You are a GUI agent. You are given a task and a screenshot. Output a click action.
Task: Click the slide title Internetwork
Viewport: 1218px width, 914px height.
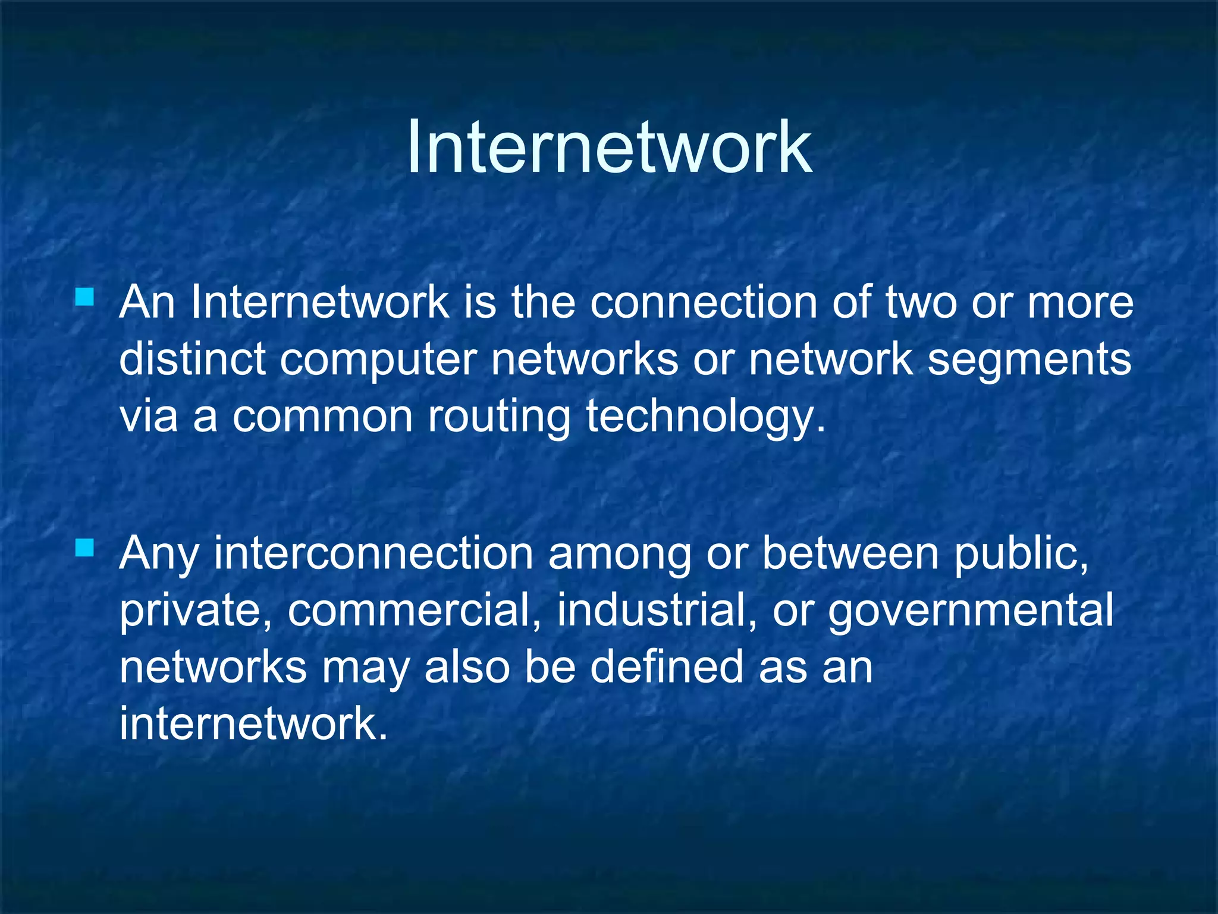click(609, 147)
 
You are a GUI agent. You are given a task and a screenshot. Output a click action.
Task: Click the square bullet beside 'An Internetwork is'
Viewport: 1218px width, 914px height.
click(84, 296)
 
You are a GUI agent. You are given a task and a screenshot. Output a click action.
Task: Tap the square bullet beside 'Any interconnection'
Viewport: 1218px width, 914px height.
click(84, 547)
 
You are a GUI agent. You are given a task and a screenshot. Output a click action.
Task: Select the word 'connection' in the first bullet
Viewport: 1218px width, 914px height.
click(703, 302)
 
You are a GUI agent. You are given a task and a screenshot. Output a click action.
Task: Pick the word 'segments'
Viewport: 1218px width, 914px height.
click(1029, 361)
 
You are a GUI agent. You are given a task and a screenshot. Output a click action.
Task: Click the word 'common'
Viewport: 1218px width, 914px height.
click(322, 417)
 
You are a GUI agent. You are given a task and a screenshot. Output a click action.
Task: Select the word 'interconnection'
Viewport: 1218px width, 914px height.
click(373, 553)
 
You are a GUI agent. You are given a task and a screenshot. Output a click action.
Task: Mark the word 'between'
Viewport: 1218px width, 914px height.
click(850, 553)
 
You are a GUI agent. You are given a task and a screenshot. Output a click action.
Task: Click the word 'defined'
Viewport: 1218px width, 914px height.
click(666, 666)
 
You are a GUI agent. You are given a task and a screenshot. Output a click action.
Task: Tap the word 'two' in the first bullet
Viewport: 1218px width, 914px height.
click(921, 302)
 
